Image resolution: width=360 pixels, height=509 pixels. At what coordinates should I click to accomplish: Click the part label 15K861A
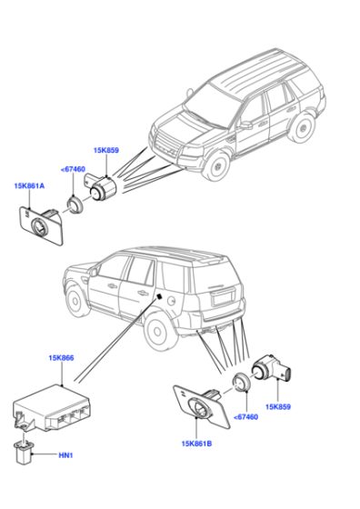(29, 186)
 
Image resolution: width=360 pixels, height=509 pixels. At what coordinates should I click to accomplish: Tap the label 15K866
(61, 358)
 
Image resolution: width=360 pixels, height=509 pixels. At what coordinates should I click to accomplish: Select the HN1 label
(65, 455)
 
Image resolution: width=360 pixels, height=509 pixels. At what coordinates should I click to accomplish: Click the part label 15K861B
(196, 444)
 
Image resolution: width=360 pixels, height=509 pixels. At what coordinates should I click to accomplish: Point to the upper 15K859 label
(106, 150)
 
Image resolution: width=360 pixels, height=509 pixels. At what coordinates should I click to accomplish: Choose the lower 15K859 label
(278, 407)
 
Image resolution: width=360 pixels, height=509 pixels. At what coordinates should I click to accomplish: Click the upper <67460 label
(73, 169)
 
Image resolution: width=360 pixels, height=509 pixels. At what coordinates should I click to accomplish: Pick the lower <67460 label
(245, 417)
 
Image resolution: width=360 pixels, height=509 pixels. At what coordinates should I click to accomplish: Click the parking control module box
(52, 408)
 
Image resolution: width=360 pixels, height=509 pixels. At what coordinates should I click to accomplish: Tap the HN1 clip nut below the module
(24, 452)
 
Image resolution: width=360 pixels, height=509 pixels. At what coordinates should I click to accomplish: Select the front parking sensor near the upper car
(101, 188)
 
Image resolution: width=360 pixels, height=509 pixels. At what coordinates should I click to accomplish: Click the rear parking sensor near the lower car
(271, 368)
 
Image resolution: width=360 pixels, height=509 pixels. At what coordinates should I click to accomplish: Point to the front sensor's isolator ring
(75, 205)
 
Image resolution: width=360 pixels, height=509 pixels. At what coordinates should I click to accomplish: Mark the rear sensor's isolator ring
(241, 382)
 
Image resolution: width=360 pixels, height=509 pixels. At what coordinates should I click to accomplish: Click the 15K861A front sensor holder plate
(41, 225)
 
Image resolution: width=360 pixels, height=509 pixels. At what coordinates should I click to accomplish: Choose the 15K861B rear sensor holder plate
(202, 406)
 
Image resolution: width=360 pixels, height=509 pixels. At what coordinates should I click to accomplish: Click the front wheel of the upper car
(216, 165)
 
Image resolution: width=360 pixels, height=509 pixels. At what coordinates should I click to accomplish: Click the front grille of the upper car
(165, 145)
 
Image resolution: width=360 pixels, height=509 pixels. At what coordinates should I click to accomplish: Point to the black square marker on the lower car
(160, 296)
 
